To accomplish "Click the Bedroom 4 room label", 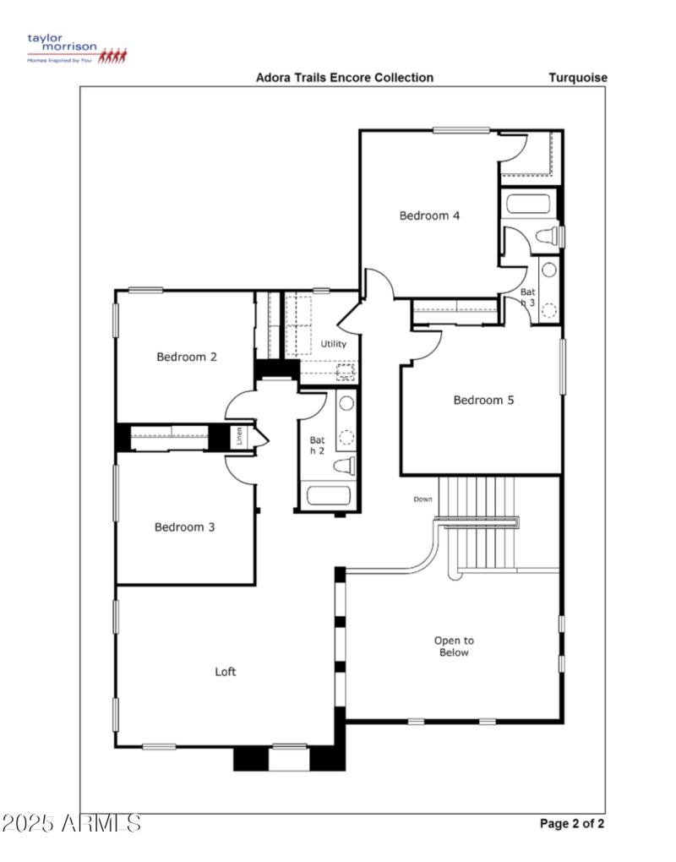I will (x=429, y=215).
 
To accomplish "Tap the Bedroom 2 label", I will (x=187, y=357).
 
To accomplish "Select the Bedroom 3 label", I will (x=184, y=527).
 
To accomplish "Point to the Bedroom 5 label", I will (x=483, y=401).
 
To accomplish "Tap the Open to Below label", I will (x=454, y=646).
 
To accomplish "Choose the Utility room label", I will (x=334, y=345).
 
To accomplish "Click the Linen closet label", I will (x=240, y=437).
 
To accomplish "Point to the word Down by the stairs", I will (x=422, y=499).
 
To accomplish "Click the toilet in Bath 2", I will (x=345, y=465).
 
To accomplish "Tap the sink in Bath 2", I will (x=346, y=404).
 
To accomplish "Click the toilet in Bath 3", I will (x=548, y=233).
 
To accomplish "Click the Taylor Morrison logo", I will (x=76, y=49).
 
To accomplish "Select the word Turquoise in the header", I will (x=578, y=78).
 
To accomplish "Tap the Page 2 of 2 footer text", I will (x=572, y=823).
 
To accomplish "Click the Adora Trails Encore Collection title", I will (x=345, y=78).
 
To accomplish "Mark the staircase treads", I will (x=480, y=524).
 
